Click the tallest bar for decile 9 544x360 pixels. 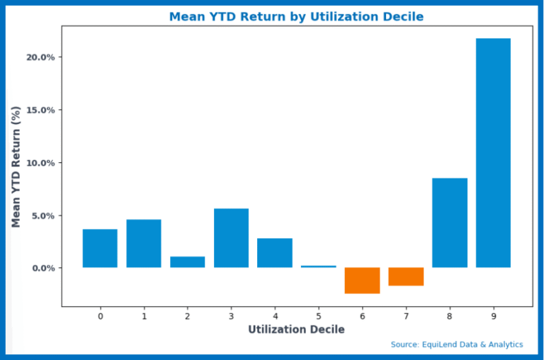click(x=493, y=152)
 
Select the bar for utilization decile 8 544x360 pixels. click(x=449, y=223)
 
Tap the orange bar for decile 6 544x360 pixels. click(x=362, y=280)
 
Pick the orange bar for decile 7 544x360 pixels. click(x=406, y=276)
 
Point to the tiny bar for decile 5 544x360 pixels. click(x=318, y=266)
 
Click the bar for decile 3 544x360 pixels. click(x=231, y=237)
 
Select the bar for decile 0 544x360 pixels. click(x=100, y=248)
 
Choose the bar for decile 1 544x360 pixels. click(x=144, y=243)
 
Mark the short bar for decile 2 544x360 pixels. click(x=187, y=261)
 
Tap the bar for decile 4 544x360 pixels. click(x=275, y=252)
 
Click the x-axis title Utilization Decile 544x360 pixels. click(x=296, y=330)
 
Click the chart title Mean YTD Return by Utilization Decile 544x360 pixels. click(x=296, y=16)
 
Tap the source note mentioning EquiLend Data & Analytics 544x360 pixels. click(x=457, y=344)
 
